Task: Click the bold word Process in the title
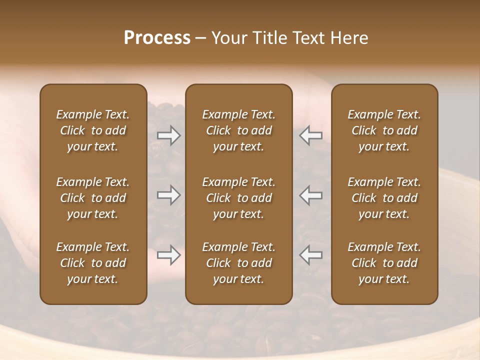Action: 157,38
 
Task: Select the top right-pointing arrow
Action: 169,135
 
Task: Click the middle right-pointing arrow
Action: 169,195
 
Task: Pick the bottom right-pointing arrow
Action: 169,255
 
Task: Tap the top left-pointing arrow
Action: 311,135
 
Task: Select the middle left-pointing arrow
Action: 311,195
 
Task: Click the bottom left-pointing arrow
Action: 311,255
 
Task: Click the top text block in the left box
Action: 93,130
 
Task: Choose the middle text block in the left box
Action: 93,198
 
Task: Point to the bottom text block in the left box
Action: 93,263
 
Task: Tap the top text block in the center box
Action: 238,130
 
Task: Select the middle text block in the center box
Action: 238,198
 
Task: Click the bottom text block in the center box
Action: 238,263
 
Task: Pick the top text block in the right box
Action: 384,130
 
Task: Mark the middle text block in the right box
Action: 384,198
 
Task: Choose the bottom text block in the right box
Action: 384,263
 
